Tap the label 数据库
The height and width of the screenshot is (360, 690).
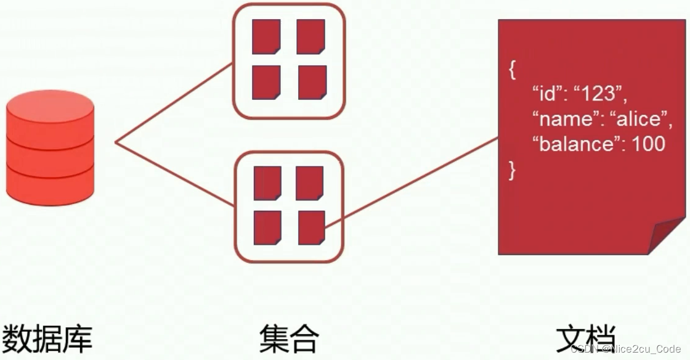47,337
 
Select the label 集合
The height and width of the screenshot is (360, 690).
289,337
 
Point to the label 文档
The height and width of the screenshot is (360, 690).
585,337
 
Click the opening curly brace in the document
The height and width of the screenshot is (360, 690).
512,69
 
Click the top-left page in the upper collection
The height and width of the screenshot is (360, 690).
266,36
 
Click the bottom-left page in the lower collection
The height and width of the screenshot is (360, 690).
267,227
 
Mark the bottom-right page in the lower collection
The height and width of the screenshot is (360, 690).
312,227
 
